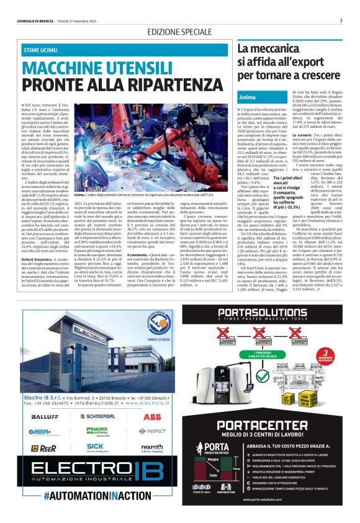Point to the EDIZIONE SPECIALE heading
coord(180,31)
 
